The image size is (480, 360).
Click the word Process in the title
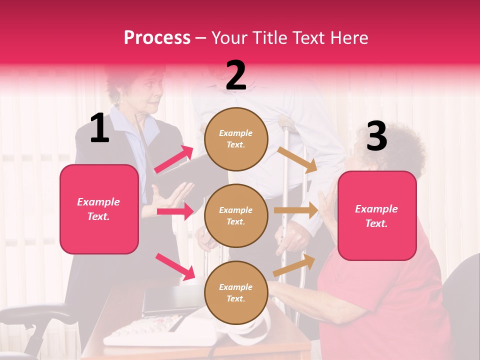coord(157,38)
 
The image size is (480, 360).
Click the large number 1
coord(99,128)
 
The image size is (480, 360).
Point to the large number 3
coord(376,136)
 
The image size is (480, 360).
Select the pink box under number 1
coord(99,209)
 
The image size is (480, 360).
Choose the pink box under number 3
coord(377,216)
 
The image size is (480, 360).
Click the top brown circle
coord(236,139)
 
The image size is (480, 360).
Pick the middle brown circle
coord(236,215)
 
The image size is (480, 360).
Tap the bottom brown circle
coord(236,292)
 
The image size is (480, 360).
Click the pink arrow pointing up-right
coord(174,159)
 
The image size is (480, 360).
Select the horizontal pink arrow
coord(175,211)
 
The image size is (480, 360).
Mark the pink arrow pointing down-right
coord(175,266)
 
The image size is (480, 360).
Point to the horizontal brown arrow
coord(296,210)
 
